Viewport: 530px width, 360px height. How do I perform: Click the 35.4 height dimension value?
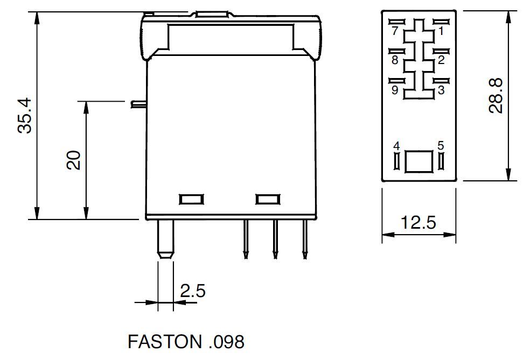tap(25, 116)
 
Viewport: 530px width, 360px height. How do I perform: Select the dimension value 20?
tap(74, 160)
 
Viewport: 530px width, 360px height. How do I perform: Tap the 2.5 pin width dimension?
tap(192, 291)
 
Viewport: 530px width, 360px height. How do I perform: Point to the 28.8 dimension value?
tap(496, 96)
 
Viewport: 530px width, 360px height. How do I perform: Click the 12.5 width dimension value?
tap(419, 223)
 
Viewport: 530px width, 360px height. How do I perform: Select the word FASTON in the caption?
tap(165, 342)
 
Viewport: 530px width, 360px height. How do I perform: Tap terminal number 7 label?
tap(395, 31)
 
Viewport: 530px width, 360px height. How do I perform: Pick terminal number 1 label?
tap(441, 31)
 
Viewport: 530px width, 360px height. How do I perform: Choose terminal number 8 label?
tap(395, 60)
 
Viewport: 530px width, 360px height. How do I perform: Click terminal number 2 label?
tap(441, 60)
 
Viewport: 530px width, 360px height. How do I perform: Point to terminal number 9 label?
tap(395, 90)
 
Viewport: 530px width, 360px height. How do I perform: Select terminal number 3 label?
tap(441, 90)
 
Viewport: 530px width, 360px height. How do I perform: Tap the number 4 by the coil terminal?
tap(396, 146)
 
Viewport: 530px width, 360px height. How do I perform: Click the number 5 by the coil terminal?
tap(441, 145)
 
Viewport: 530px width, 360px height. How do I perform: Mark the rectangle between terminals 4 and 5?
tap(419, 161)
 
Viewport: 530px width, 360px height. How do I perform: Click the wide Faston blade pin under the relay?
tap(166, 240)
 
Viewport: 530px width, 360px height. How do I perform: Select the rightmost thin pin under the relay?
tap(305, 239)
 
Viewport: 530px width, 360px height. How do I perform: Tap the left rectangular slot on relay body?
tap(191, 199)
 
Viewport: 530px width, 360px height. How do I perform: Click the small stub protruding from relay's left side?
tap(138, 104)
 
